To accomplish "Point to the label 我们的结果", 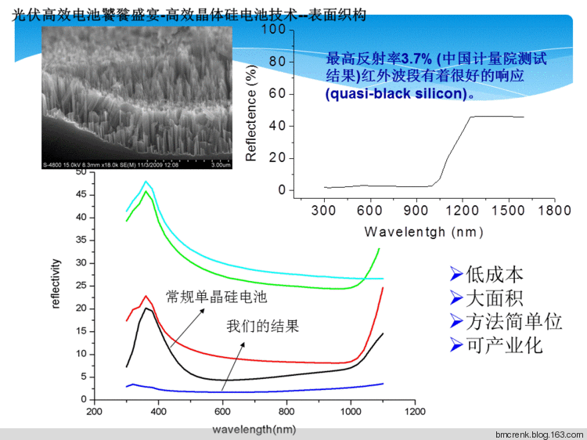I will click(x=263, y=326).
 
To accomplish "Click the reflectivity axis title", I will click(x=56, y=286).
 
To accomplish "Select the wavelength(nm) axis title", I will click(x=255, y=429).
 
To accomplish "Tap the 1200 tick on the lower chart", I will click(x=415, y=411).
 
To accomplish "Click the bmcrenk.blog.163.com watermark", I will click(x=539, y=434).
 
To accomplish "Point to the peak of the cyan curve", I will click(x=145, y=182).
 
